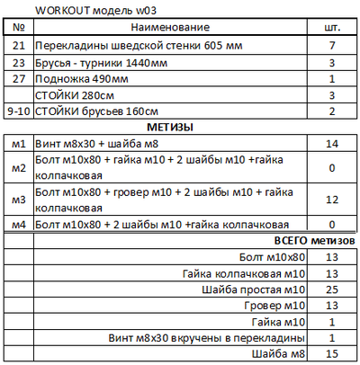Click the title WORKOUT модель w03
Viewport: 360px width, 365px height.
tap(86, 10)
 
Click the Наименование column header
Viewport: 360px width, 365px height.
tap(175, 29)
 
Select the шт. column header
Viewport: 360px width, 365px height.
tap(332, 29)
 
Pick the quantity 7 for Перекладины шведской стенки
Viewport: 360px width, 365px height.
tap(332, 45)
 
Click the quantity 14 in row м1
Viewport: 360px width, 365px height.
tap(332, 144)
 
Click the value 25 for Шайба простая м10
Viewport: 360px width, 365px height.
tap(332, 289)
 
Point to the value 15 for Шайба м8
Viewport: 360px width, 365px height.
tap(332, 354)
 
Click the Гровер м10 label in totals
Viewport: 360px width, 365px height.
tap(281, 306)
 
